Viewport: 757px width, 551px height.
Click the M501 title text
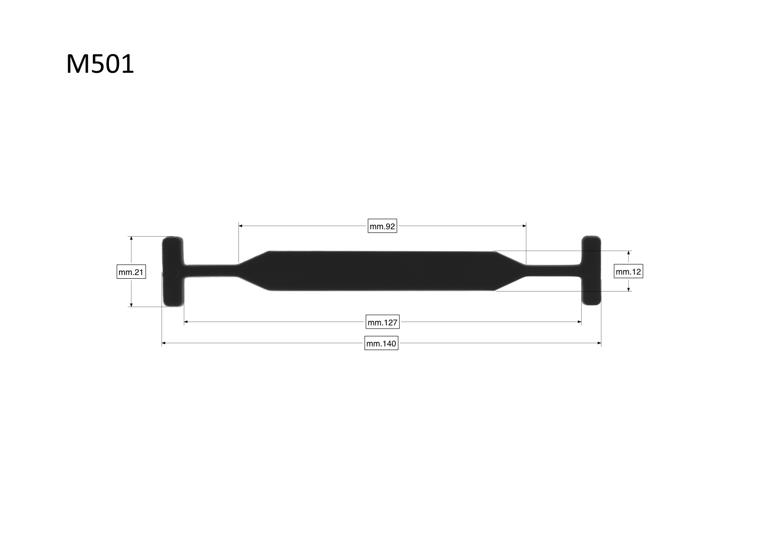[x=100, y=64]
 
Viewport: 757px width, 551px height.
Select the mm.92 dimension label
[x=382, y=226]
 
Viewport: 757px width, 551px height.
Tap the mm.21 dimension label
[x=131, y=272]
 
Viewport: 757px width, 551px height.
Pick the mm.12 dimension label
[x=628, y=271]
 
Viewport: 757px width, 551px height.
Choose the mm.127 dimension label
[x=383, y=322]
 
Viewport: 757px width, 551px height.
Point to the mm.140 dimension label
[x=381, y=343]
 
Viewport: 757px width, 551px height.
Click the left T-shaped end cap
[x=173, y=272]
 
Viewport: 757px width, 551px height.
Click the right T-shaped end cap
[x=591, y=270]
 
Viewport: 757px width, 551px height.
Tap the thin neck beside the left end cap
[x=211, y=270]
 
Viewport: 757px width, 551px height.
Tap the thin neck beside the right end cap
[x=553, y=270]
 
